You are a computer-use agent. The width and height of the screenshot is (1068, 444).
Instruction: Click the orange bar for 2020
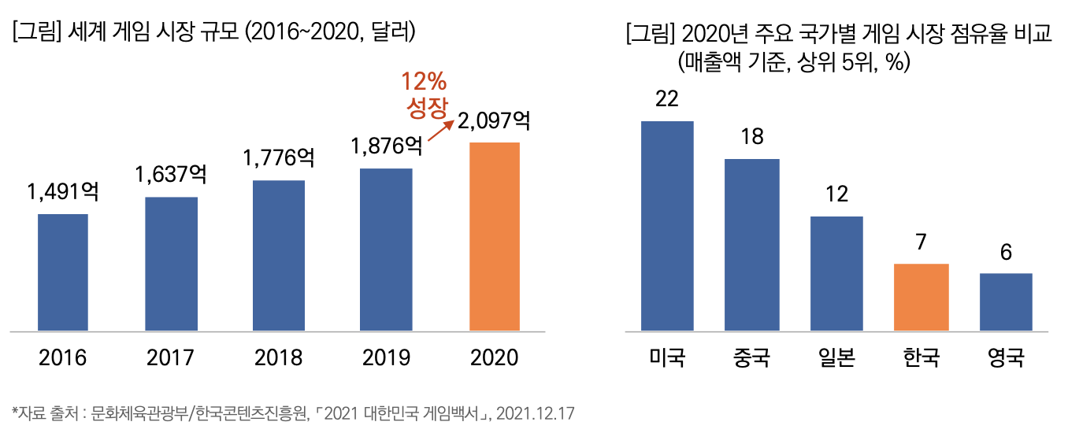coord(494,236)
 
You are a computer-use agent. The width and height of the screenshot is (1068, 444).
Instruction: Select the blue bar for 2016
coord(63,272)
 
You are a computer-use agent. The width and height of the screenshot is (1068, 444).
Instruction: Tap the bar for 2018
coord(279,255)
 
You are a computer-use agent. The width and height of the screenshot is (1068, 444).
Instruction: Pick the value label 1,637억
coord(171,174)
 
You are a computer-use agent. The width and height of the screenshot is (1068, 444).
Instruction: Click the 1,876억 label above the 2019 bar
coord(386,146)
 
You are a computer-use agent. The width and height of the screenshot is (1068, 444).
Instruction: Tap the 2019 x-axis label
coord(386,357)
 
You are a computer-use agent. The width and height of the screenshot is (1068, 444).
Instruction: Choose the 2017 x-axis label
coord(171,357)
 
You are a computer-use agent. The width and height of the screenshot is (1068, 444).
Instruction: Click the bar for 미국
coord(667,225)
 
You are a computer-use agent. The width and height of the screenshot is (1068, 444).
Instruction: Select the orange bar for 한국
coord(922,297)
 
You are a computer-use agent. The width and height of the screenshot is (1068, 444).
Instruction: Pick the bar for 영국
coord(1006,302)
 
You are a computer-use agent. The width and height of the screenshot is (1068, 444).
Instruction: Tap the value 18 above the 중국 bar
coord(752,137)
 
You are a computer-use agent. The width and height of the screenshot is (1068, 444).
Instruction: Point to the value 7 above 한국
coord(921,242)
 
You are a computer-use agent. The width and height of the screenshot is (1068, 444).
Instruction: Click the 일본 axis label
coord(836,359)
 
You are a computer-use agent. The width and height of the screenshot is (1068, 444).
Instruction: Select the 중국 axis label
coord(751,359)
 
